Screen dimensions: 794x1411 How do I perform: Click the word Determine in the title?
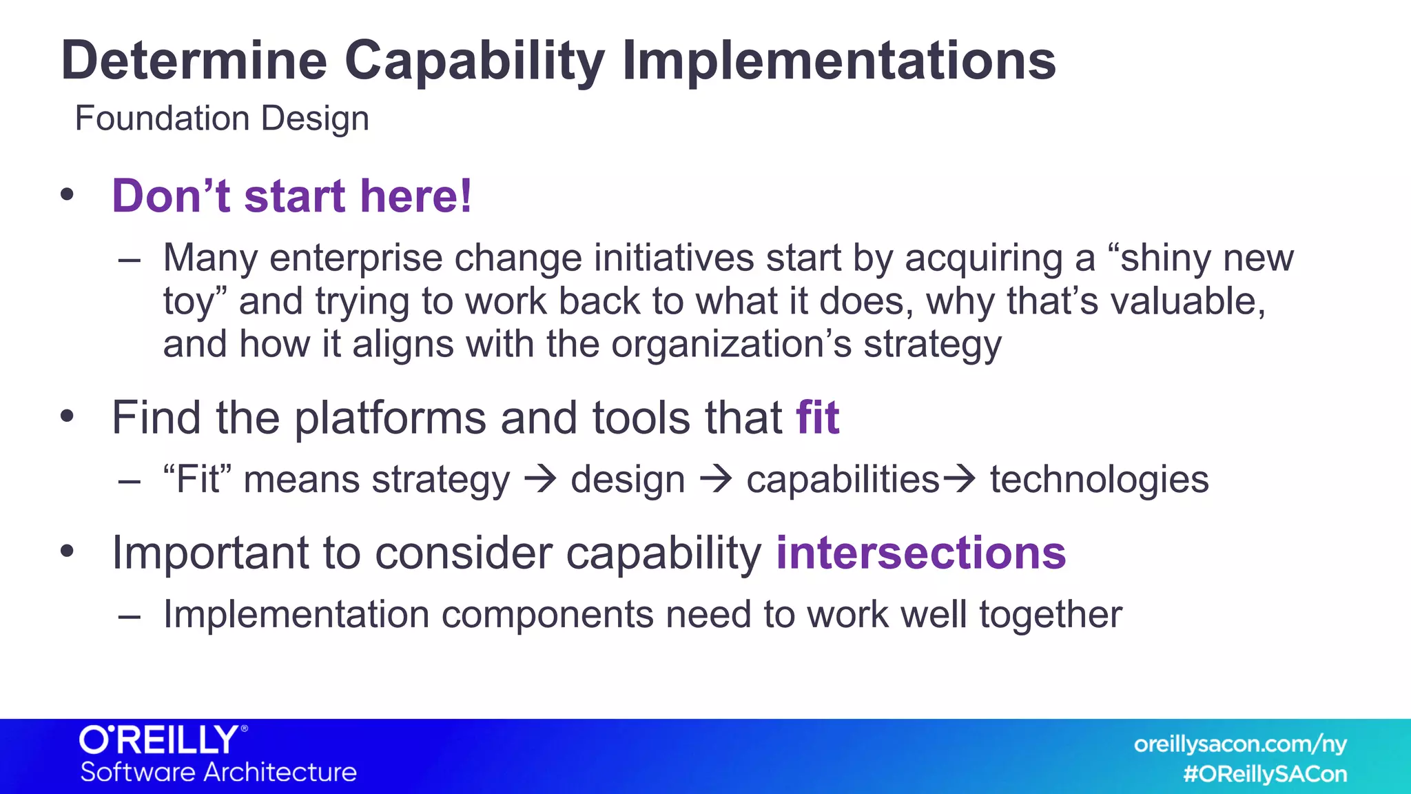194,61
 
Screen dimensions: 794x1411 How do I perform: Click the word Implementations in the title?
838,61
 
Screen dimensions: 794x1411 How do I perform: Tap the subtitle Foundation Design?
222,119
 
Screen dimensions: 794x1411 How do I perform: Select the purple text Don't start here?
292,196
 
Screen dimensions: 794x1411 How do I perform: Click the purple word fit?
818,418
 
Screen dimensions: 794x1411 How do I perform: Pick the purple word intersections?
920,553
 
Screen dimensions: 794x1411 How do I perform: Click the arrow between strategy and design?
540,479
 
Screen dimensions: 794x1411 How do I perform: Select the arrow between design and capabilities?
716,479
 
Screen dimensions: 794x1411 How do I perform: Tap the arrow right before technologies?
959,479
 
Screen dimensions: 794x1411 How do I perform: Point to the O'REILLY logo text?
160,740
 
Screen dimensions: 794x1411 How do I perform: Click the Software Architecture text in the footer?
218,772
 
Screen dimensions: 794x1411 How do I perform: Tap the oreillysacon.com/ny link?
1239,744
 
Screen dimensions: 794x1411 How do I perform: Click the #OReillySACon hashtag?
1265,774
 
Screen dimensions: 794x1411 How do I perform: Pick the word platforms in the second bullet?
391,418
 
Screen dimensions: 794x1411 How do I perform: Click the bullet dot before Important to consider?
67,551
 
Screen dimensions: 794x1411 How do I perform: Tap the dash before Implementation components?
130,615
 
